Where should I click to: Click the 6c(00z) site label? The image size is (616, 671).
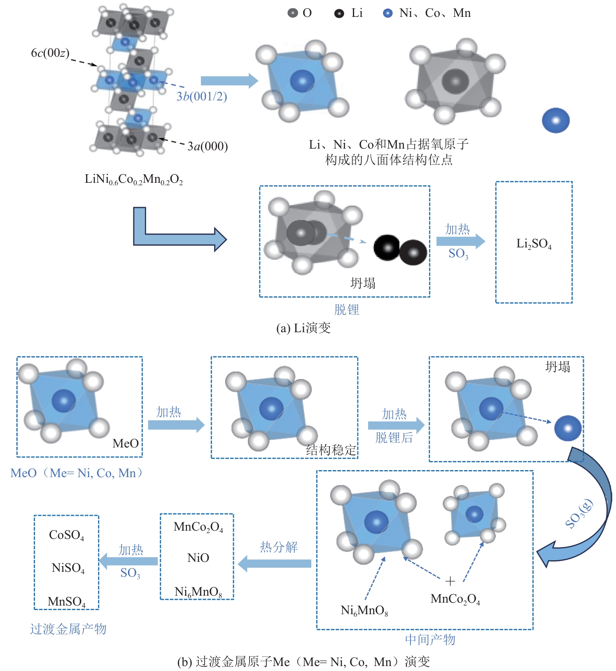(x=50, y=53)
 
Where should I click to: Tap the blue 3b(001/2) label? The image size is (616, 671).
(x=202, y=96)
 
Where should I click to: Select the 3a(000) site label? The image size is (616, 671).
(x=208, y=146)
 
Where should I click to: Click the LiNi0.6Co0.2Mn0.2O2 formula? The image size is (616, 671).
(x=133, y=179)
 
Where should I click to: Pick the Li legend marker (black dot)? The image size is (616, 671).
(x=339, y=14)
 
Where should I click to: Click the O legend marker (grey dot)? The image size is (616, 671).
(x=292, y=13)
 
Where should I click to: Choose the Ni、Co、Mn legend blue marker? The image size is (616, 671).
(x=387, y=13)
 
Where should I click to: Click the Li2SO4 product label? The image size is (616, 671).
(x=534, y=244)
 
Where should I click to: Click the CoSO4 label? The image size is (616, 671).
(x=66, y=535)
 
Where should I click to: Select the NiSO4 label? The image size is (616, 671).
(x=68, y=568)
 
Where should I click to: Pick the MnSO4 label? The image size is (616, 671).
(x=66, y=602)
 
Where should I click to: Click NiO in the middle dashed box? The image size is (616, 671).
(x=198, y=558)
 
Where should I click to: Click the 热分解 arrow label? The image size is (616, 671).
(x=279, y=547)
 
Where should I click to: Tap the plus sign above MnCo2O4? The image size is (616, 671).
(x=450, y=581)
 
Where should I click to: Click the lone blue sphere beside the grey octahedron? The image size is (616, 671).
(x=555, y=120)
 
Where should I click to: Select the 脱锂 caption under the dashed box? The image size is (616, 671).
(x=346, y=310)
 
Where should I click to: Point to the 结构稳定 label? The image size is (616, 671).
(x=331, y=450)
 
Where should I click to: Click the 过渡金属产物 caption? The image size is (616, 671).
(x=68, y=629)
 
